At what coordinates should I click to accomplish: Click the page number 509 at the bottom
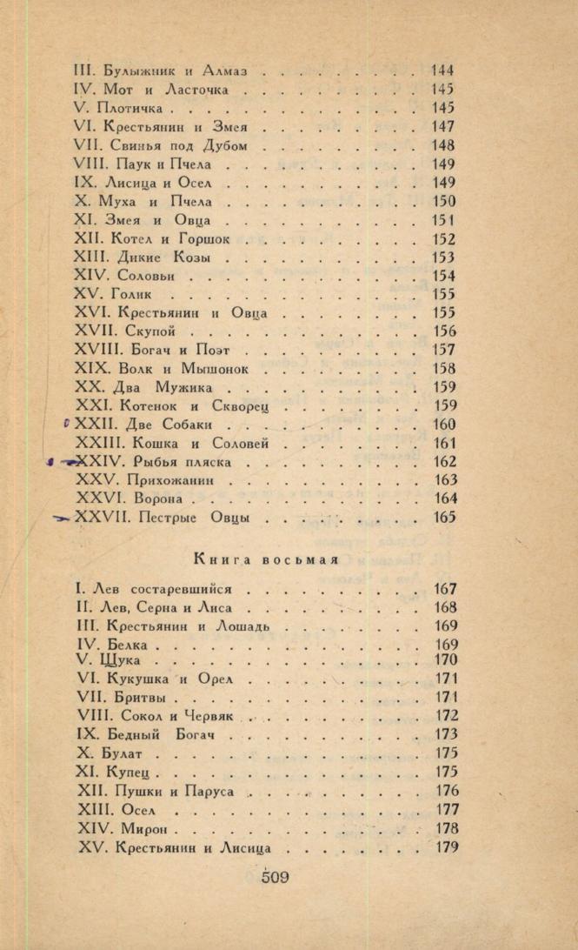click(275, 876)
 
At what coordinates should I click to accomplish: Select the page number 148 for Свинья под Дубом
click(443, 145)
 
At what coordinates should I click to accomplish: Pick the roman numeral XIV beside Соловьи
click(90, 276)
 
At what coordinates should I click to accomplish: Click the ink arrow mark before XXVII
click(62, 518)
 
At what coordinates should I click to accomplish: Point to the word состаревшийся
click(196, 590)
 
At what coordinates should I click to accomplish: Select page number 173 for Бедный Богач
click(445, 735)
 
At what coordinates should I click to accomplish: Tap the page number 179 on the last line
click(445, 847)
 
